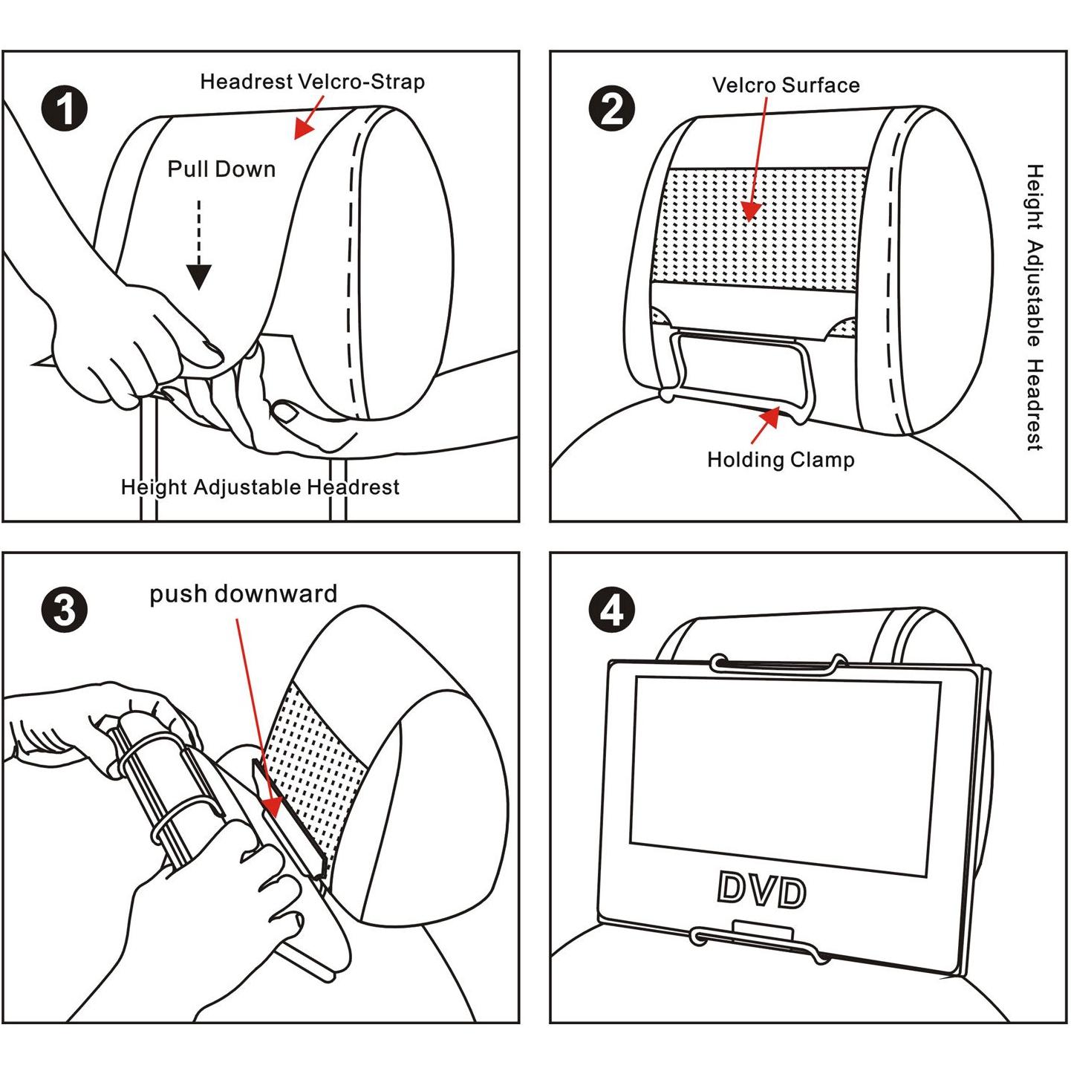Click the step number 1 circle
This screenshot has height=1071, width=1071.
[65, 108]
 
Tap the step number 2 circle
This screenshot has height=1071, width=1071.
[611, 108]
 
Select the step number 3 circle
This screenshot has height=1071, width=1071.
[65, 611]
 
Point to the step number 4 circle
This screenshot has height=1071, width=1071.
[611, 611]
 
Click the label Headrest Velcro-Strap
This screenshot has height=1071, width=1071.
[312, 82]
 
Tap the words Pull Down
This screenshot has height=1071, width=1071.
[221, 169]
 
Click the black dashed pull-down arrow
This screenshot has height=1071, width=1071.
[198, 253]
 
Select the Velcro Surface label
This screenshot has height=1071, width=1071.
[786, 85]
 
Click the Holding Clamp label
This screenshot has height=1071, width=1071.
[781, 460]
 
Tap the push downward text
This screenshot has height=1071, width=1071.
[243, 594]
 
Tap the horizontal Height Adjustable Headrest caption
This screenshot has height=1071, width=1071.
[260, 487]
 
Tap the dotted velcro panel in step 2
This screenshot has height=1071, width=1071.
[765, 227]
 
